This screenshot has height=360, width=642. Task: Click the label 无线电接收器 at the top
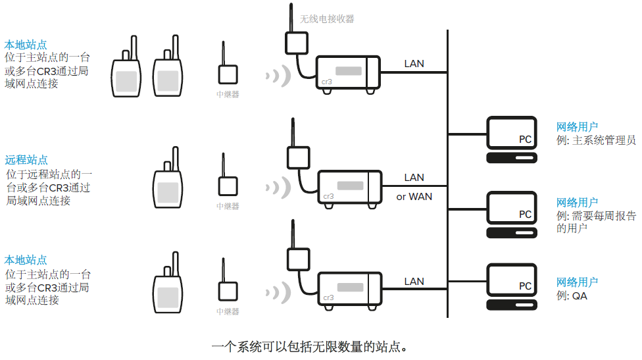tap(327, 19)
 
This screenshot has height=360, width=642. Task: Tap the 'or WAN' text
tap(414, 196)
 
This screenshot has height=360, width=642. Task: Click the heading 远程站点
tap(26, 160)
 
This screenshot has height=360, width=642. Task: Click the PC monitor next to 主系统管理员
tap(511, 134)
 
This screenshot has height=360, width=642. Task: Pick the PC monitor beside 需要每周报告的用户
tap(511, 209)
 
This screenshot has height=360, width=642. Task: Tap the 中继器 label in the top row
tap(228, 94)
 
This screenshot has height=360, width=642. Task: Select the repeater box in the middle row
tap(228, 186)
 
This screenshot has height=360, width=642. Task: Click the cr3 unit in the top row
tap(347, 72)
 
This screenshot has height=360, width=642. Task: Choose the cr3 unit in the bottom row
tap(349, 288)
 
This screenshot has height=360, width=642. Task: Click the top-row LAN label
tap(414, 64)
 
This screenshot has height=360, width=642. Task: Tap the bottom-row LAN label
tap(414, 281)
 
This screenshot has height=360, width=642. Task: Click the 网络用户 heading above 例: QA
tap(577, 282)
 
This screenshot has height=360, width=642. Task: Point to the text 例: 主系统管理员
tap(596, 140)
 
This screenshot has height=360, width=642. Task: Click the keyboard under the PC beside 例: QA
tap(511, 305)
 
